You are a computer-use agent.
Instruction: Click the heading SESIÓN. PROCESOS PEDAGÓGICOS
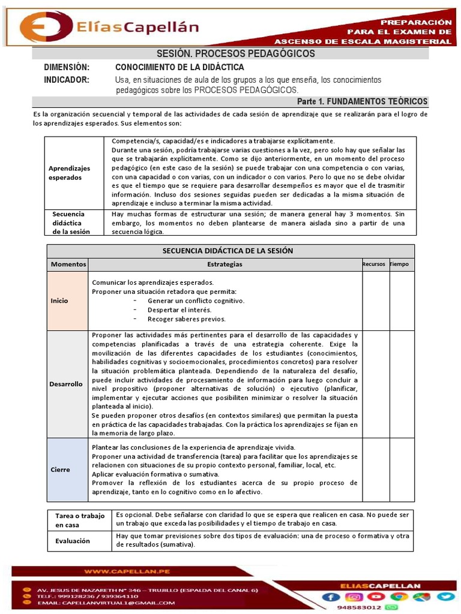point(235,54)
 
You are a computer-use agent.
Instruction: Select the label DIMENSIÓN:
point(67,67)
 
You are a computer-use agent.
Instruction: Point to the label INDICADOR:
point(67,80)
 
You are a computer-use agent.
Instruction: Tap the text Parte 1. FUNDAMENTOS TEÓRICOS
point(362,101)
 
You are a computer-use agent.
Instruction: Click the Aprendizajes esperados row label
point(69,173)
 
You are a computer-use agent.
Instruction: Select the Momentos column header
point(68,264)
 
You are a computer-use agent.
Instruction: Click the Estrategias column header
point(224,264)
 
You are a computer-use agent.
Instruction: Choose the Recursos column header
point(373,264)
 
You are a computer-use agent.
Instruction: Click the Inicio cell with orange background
point(68,300)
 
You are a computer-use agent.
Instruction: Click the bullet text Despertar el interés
point(179,310)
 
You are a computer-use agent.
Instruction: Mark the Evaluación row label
point(73,541)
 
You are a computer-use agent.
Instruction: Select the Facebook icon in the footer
point(331,596)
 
